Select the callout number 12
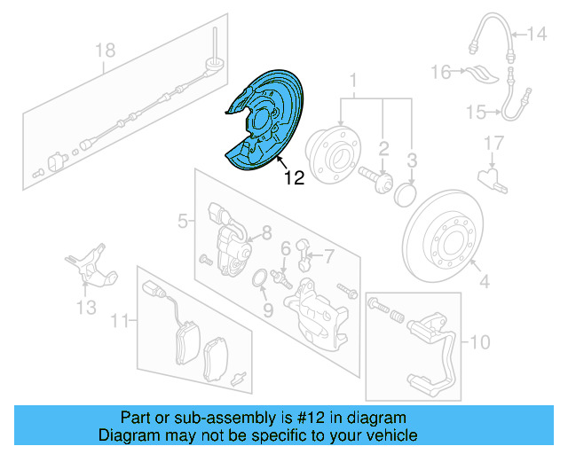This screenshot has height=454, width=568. (294, 178)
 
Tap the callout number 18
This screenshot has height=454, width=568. (106, 51)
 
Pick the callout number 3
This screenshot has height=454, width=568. (412, 160)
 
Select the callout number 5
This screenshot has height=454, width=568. (183, 220)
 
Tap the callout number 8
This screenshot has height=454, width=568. (265, 234)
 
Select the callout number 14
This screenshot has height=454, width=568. (539, 35)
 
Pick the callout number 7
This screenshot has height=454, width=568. (328, 256)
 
